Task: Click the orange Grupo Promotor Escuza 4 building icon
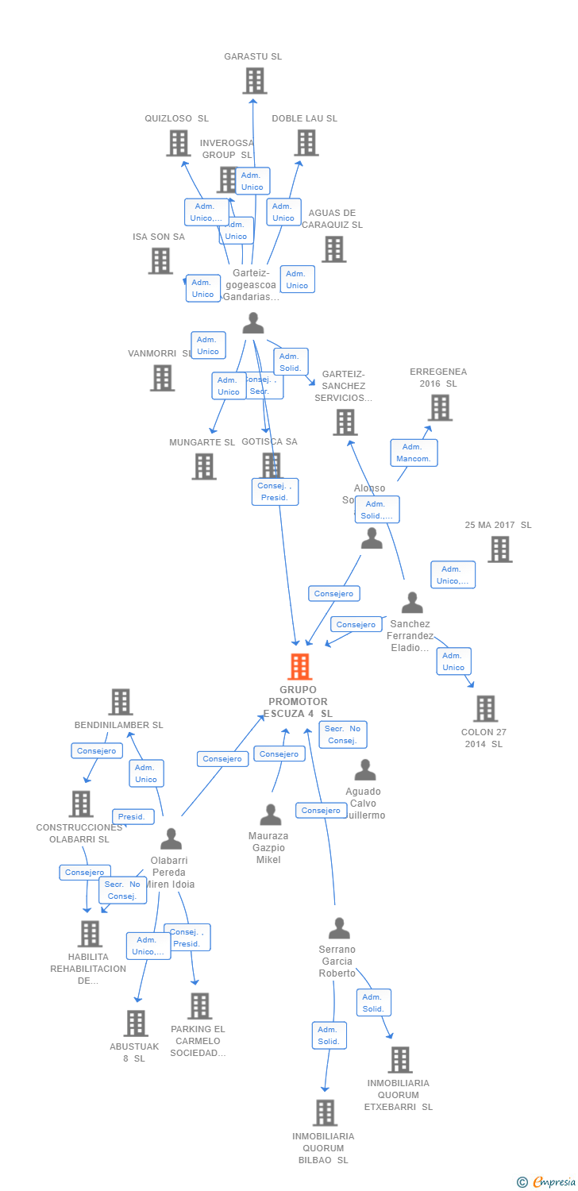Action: pos(299,667)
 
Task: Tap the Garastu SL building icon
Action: pos(254,81)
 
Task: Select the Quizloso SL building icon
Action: pos(179,143)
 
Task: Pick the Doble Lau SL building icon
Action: pos(306,143)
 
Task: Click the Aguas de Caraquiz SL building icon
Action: pos(333,249)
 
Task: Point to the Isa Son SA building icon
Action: pos(160,260)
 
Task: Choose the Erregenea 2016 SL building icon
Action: pos(440,407)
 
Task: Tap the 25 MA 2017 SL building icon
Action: pos(499,549)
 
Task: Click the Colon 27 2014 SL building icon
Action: pos(485,708)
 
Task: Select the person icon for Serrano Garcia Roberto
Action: pos(339,927)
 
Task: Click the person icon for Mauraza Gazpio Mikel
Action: pos(271,815)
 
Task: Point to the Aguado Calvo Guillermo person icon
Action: pos(364,769)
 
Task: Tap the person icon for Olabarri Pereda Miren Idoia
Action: pos(171,838)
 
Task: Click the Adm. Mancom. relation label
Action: pos(414,453)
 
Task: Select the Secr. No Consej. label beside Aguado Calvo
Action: pos(343,734)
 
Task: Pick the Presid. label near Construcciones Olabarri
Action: pos(133,816)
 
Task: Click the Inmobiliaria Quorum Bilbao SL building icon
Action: pos(325,1112)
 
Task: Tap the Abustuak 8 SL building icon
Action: pos(136,1023)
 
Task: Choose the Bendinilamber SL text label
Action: pos(118,725)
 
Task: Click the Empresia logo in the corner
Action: pos(547,1182)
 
